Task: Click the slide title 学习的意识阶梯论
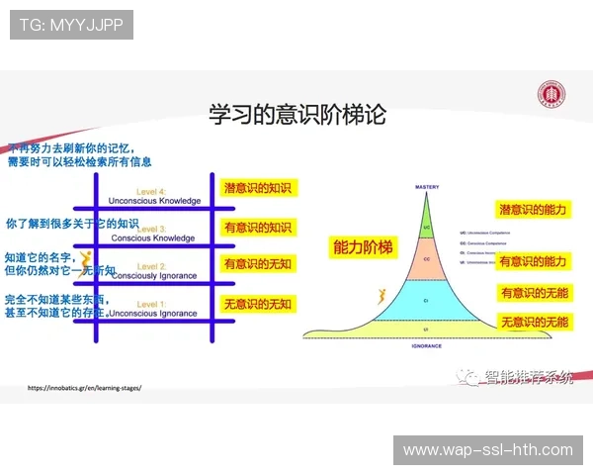[296, 114]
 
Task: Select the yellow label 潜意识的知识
[259, 188]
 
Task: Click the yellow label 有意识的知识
[259, 227]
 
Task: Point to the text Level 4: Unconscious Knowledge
[153, 196]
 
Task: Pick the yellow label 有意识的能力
[532, 261]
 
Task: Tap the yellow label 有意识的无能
[534, 293]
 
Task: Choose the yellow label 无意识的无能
[534, 322]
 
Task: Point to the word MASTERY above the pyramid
[427, 185]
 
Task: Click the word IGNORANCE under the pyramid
[426, 346]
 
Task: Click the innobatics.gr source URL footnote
[84, 388]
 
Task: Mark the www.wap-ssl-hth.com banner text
[488, 450]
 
